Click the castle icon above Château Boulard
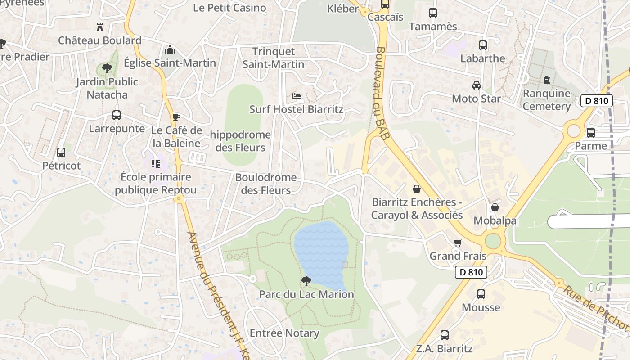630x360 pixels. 100,27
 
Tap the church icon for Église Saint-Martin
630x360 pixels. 170,49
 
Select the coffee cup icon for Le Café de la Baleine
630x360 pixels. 176,117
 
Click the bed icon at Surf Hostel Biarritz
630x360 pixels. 296,96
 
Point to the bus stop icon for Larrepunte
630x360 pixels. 117,115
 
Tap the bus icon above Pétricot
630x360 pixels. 61,153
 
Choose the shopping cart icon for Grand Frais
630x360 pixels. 458,243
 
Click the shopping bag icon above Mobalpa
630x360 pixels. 495,207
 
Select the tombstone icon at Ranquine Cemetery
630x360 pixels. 547,81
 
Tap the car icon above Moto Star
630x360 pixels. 476,85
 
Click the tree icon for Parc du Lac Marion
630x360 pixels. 306,281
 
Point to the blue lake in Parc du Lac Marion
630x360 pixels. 321,252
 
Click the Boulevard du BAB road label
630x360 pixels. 380,94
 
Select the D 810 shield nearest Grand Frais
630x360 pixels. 471,272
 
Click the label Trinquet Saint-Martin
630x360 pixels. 274,58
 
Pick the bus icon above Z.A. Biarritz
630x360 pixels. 445,335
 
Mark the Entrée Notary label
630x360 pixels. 284,333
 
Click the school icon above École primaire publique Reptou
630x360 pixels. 156,164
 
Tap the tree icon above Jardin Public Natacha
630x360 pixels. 107,68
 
